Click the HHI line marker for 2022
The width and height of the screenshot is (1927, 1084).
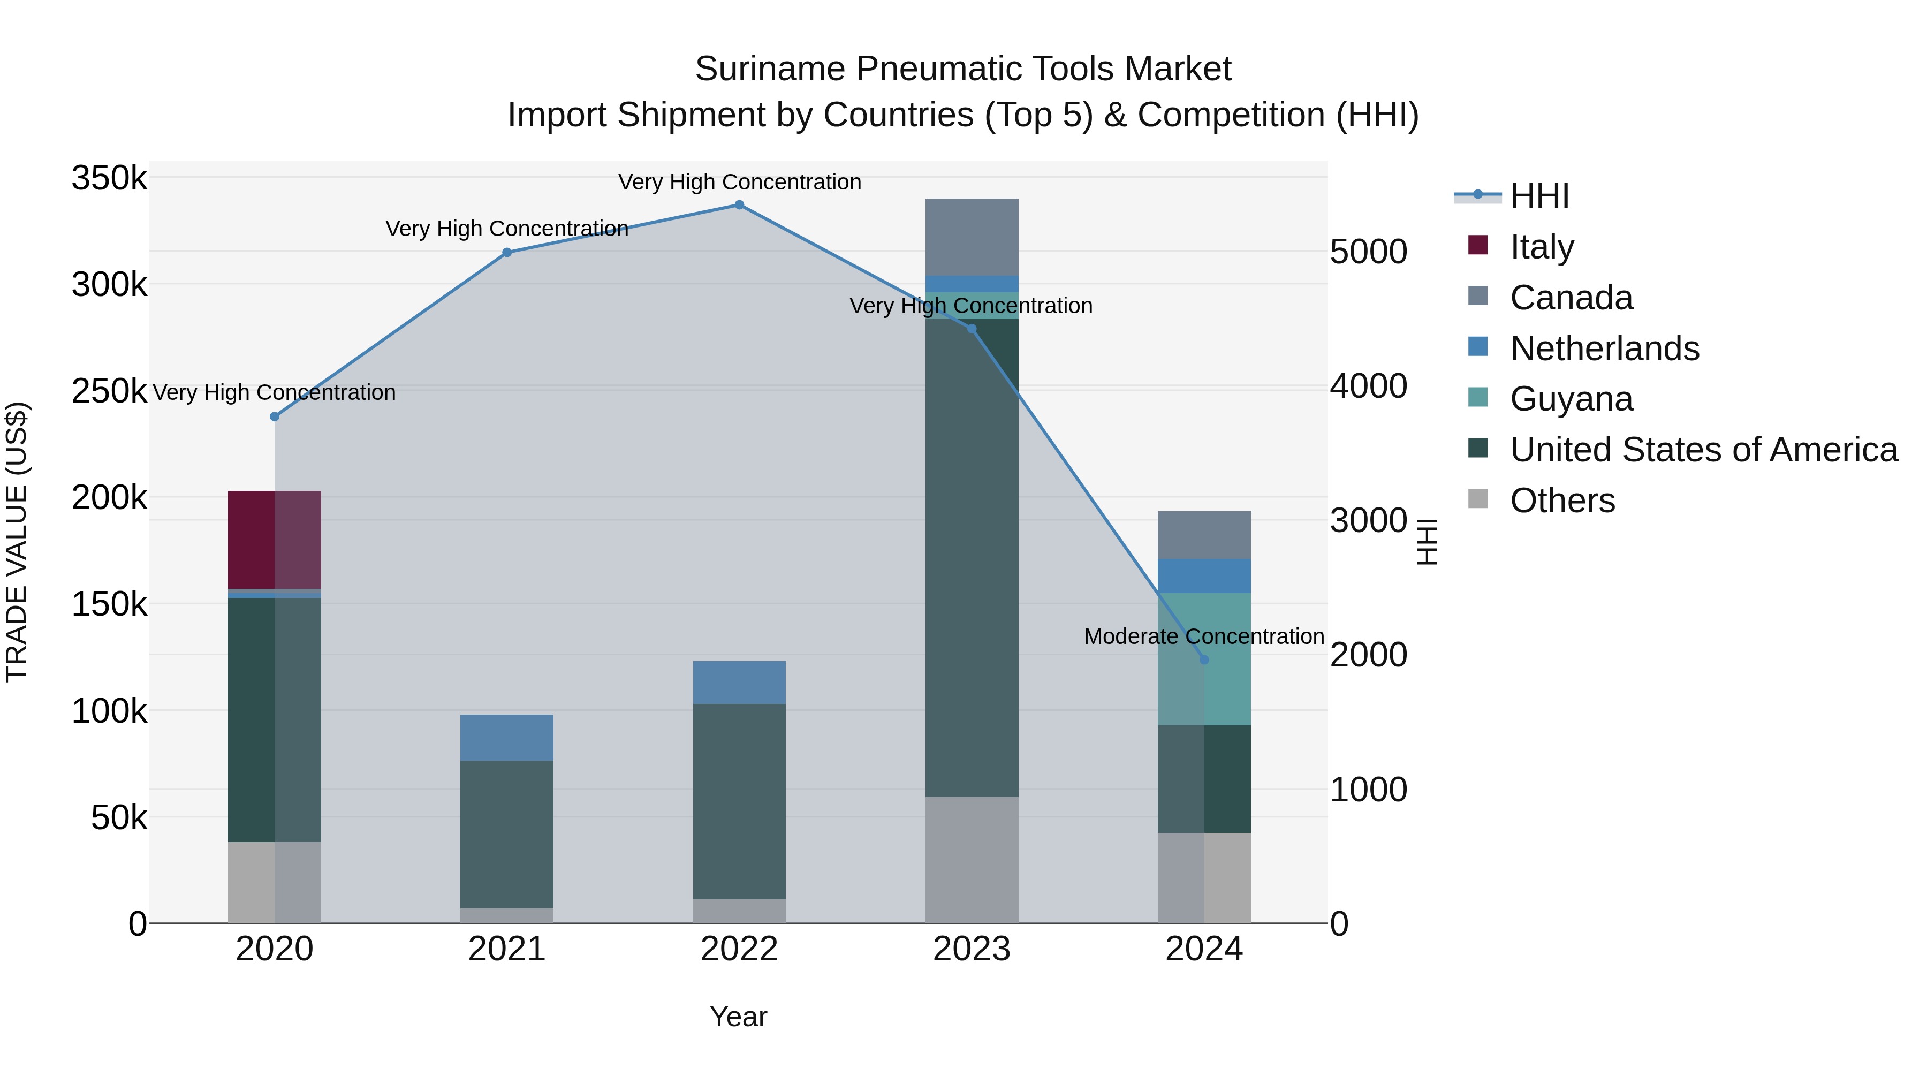pos(739,205)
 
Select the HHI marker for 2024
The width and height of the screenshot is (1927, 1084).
pos(1204,660)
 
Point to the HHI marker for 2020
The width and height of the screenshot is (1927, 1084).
pos(275,416)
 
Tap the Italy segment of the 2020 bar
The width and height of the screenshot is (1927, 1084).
pos(274,540)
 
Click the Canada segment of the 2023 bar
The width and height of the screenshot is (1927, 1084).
pos(971,237)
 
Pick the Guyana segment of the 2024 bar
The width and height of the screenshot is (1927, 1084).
pos(1204,688)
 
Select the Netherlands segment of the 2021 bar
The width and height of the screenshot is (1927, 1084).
pos(506,738)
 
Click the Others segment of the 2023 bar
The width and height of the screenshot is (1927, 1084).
pos(971,860)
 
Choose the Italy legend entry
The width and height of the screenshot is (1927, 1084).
pos(1541,247)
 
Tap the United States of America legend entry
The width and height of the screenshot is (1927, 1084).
pos(1703,450)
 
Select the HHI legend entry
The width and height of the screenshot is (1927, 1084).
pos(1539,196)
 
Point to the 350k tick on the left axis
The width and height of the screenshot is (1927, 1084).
pos(109,179)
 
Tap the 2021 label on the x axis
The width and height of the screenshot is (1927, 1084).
pos(506,949)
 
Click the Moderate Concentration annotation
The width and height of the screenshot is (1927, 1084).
pos(1204,636)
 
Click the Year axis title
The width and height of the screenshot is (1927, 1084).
pos(738,1017)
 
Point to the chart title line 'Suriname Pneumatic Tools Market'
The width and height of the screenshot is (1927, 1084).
pos(963,69)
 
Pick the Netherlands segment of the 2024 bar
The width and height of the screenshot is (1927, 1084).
pos(1204,576)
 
